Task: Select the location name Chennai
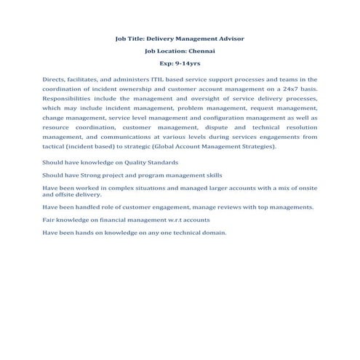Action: (201, 51)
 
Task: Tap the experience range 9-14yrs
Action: (186, 64)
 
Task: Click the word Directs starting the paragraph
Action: (53, 79)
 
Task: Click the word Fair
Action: (49, 220)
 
